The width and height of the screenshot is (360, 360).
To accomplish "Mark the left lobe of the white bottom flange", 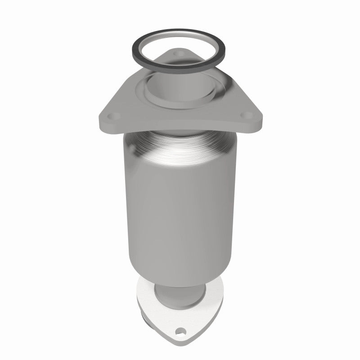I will pyautogui.click(x=145, y=292).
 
